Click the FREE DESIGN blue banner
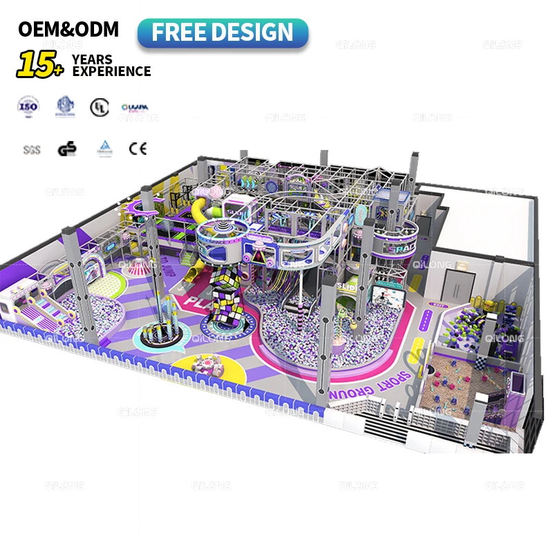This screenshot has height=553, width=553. point(223,32)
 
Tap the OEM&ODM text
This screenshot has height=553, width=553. point(68,29)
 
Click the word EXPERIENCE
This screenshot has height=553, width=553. point(111,71)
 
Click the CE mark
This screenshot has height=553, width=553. point(138,147)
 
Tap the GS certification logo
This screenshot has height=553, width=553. point(66,148)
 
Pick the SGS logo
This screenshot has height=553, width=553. point(32,149)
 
